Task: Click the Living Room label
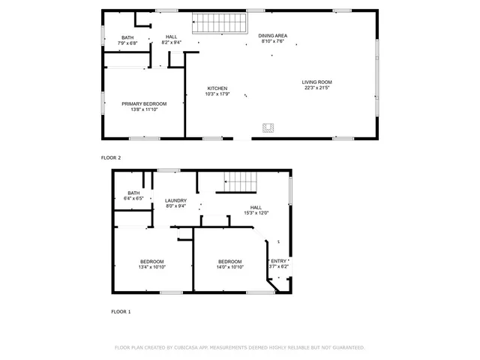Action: pos(317,82)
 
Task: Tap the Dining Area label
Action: pos(273,35)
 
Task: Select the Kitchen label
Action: pos(217,88)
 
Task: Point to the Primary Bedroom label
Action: pos(144,103)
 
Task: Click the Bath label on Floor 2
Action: pos(127,37)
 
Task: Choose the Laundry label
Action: pos(176,200)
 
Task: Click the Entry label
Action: pos(279,261)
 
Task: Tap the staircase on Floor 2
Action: pos(220,23)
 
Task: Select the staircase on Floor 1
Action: pos(241,181)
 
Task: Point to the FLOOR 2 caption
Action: pos(111,157)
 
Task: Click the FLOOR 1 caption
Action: pos(121,310)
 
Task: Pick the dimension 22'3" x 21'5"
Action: pos(317,88)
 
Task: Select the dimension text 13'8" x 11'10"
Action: pos(144,109)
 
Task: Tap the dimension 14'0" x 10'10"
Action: pos(229,267)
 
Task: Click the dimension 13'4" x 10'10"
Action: pos(152,267)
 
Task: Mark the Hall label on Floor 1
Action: pos(256,207)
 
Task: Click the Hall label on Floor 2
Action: pos(172,37)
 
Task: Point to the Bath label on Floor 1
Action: pos(133,193)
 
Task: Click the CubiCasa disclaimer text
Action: pos(239,347)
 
